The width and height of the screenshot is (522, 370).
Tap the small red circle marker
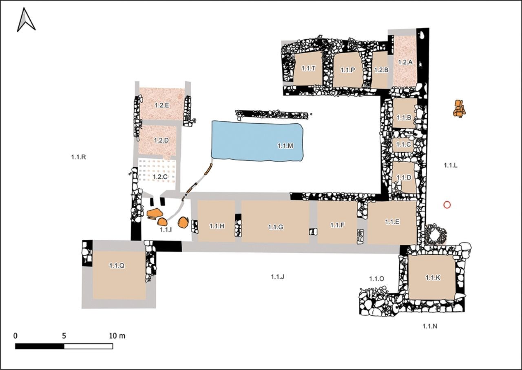(x=447, y=205)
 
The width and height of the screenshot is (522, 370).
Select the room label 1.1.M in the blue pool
(x=285, y=146)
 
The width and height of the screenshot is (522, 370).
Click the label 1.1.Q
(x=117, y=265)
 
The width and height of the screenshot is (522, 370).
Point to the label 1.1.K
(x=433, y=278)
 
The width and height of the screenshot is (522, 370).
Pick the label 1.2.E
(x=162, y=105)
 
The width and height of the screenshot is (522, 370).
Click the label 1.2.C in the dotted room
(x=160, y=177)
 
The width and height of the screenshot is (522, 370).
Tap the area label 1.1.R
(x=79, y=157)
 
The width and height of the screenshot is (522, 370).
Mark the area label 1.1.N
(x=430, y=327)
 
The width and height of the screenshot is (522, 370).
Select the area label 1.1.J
(x=278, y=277)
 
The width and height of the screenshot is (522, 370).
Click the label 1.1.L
(x=451, y=166)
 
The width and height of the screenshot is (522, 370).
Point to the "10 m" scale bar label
(x=117, y=336)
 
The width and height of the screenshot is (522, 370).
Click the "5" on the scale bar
(x=64, y=336)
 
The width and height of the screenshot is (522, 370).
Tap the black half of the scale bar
(x=40, y=346)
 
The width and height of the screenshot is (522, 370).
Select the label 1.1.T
(x=308, y=69)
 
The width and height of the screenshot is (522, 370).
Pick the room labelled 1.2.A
(x=405, y=62)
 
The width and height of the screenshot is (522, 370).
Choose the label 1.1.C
(x=403, y=145)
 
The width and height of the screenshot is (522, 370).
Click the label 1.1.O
(x=376, y=279)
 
